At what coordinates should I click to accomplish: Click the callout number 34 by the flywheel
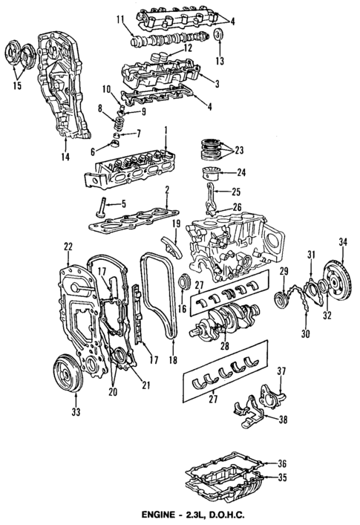tap(342, 241)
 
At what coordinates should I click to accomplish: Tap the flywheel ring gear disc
tap(339, 286)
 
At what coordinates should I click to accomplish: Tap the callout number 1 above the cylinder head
tap(166, 129)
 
